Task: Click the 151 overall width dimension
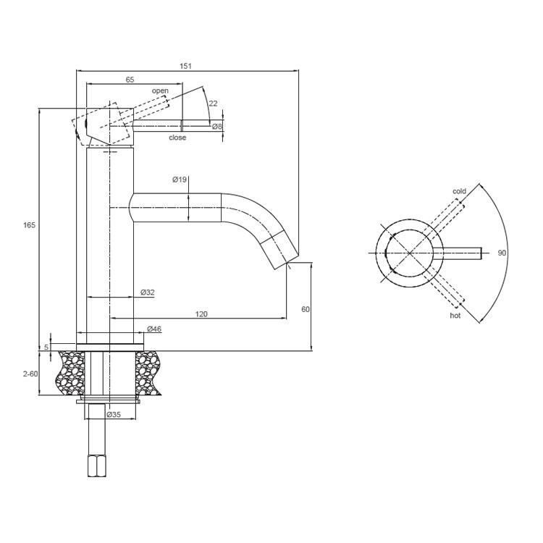(185, 66)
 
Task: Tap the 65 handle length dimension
(130, 80)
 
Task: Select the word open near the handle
(160, 90)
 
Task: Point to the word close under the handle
(177, 138)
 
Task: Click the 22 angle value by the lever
(214, 104)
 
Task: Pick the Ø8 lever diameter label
(216, 127)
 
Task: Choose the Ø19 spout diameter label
(180, 180)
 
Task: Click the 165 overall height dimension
(29, 225)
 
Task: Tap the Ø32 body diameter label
(148, 292)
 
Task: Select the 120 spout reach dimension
(201, 314)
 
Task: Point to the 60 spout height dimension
(306, 309)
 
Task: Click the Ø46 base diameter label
(154, 329)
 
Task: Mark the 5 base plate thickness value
(46, 347)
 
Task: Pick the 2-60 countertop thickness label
(30, 374)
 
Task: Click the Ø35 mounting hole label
(114, 415)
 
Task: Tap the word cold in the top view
(459, 191)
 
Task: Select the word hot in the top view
(455, 316)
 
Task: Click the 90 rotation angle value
(502, 253)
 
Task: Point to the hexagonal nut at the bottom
(97, 466)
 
